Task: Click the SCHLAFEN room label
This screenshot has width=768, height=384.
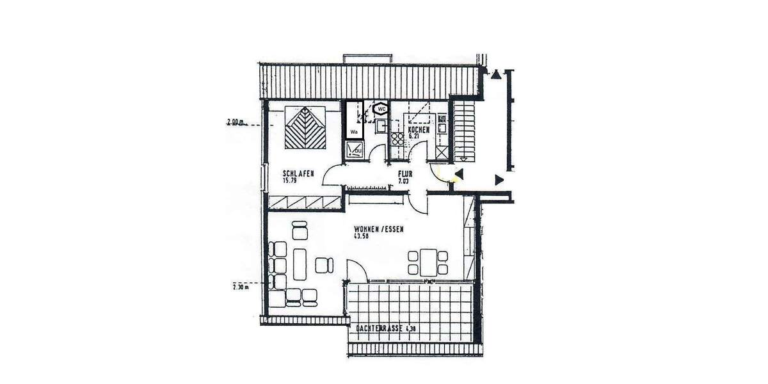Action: pos(298,173)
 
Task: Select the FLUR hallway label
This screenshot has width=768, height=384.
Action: pos(405,173)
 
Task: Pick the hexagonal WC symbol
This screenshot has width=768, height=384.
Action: pos(381,109)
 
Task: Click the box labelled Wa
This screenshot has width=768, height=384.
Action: pos(353,132)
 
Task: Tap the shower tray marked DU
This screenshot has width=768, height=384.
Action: pos(354,149)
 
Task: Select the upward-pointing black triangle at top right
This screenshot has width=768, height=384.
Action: pos(497,76)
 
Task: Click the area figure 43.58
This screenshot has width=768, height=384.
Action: pos(362,236)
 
